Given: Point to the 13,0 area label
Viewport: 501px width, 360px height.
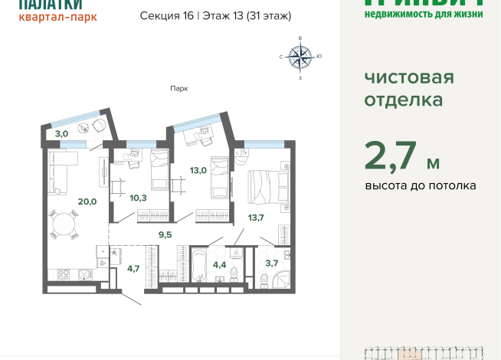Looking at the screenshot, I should (x=198, y=170).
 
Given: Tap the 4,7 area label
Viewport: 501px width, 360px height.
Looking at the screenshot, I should (x=133, y=268).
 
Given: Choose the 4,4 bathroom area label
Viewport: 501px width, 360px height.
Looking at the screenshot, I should (x=219, y=265).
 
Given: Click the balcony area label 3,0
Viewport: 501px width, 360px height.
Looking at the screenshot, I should (x=61, y=133).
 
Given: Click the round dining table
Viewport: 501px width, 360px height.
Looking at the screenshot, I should (x=63, y=224).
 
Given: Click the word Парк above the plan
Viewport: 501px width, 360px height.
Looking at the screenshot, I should (x=179, y=88).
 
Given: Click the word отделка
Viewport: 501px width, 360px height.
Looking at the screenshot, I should (x=403, y=100).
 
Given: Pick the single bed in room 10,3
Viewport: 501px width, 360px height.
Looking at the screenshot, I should (x=159, y=169).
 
